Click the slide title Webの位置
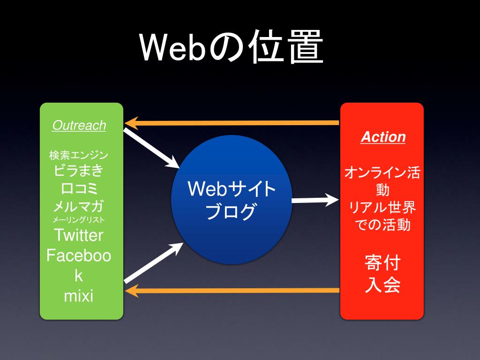point(232,48)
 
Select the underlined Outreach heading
point(79,126)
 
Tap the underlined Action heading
point(383,137)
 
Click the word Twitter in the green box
point(79,234)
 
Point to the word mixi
point(79,296)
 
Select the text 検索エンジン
point(79,155)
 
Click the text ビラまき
point(79,171)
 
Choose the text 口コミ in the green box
point(79,188)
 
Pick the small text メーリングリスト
point(79,219)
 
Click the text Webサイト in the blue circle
point(232,189)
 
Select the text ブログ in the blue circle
point(232,211)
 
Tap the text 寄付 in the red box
point(382,263)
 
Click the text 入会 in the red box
point(382,285)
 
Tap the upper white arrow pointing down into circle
point(152,149)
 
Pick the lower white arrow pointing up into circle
point(153,262)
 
